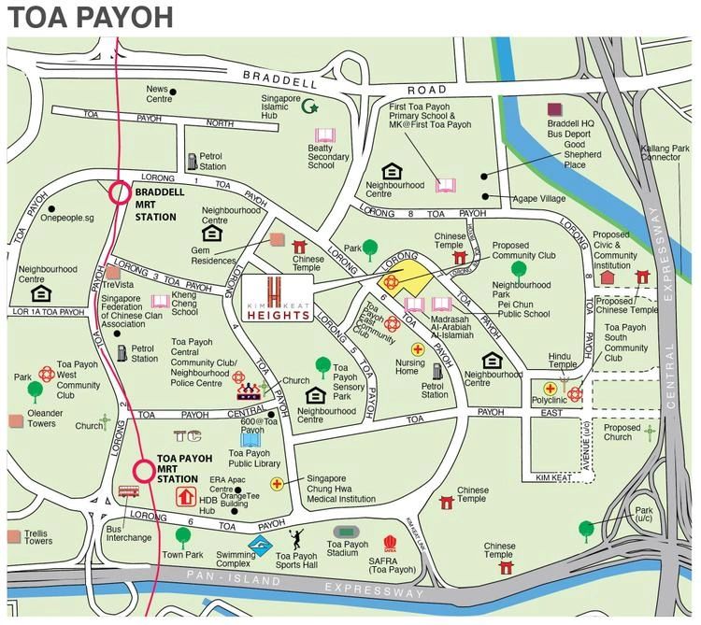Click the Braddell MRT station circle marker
(x=120, y=193)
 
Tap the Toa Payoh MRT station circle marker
(x=144, y=471)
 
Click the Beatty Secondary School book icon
(x=324, y=136)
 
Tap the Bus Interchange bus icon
(x=128, y=492)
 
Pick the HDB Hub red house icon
(x=186, y=496)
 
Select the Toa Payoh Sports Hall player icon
(x=295, y=539)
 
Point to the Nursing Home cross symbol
(x=418, y=349)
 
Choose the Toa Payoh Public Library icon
(x=250, y=438)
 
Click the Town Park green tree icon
(x=183, y=536)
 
